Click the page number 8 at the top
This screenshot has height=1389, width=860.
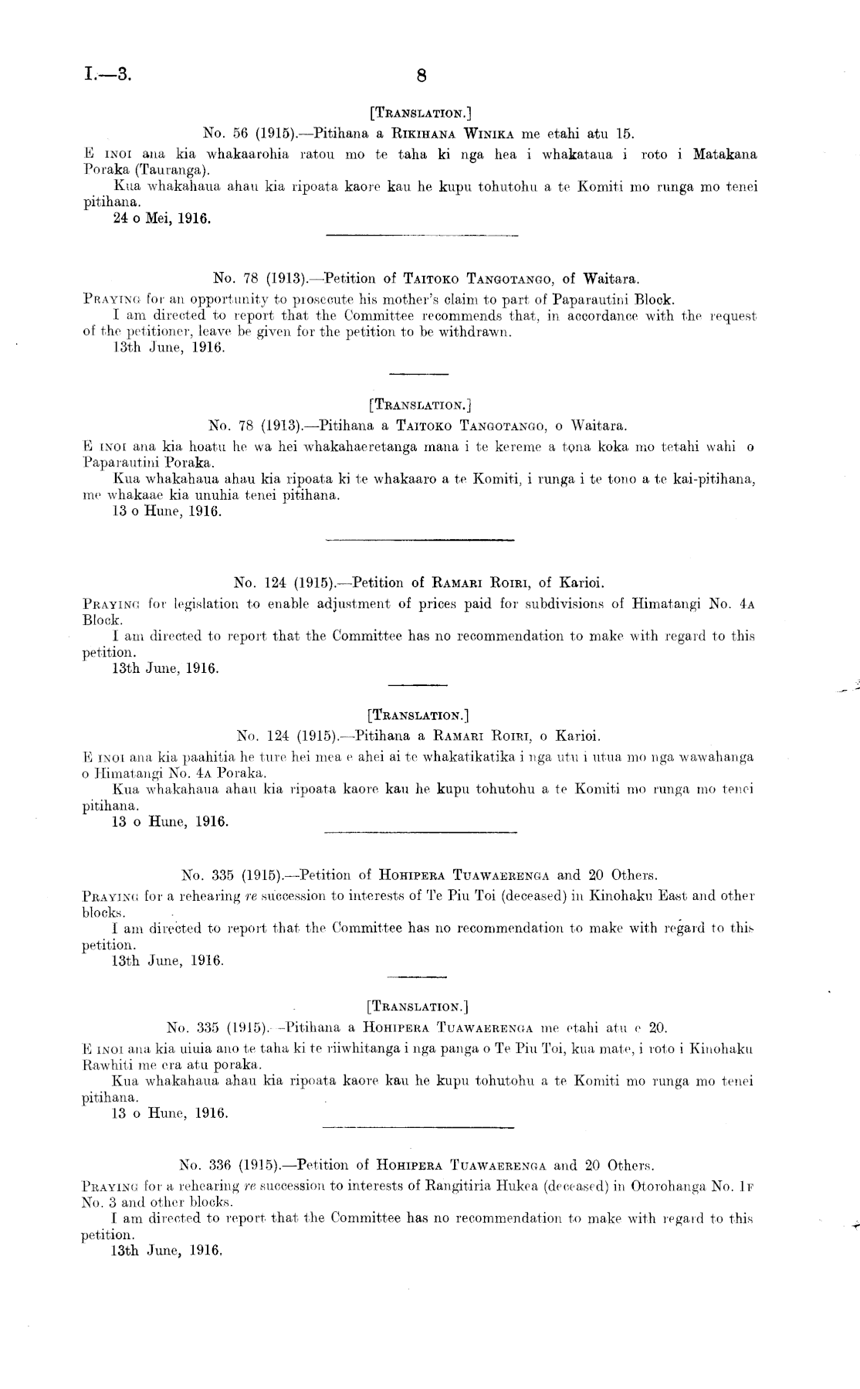coord(421,76)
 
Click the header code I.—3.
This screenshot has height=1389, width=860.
coord(109,74)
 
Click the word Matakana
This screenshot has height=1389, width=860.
coord(724,155)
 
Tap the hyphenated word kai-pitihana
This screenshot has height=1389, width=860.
coord(706,480)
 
